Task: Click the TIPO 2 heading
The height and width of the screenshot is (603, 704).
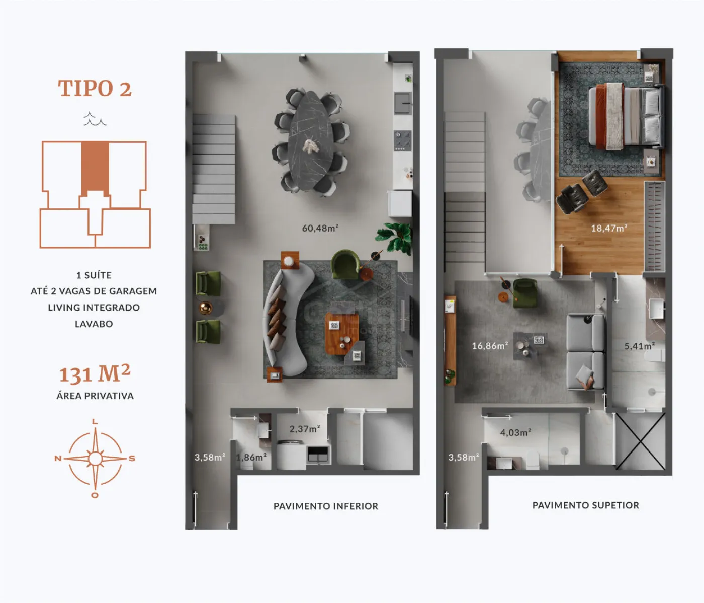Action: pyautogui.click(x=95, y=88)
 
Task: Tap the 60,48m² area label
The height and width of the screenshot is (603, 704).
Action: pyautogui.click(x=320, y=228)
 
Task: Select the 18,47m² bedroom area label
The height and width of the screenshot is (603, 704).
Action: pyautogui.click(x=609, y=228)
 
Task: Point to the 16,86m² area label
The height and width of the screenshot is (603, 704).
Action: pyautogui.click(x=490, y=346)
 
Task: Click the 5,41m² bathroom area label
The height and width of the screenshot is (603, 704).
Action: pyautogui.click(x=639, y=346)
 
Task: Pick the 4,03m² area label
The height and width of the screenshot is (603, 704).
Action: pyautogui.click(x=515, y=432)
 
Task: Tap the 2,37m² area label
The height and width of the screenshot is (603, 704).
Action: pyautogui.click(x=305, y=429)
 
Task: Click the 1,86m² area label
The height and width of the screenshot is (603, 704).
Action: pyautogui.click(x=251, y=457)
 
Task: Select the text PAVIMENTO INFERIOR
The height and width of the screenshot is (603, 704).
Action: pyautogui.click(x=326, y=506)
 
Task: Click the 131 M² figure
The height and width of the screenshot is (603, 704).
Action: pyautogui.click(x=95, y=373)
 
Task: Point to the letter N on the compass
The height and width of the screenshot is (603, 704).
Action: pyautogui.click(x=58, y=458)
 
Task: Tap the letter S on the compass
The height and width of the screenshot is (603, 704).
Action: pyautogui.click(x=132, y=458)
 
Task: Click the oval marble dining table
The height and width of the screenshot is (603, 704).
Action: pyautogui.click(x=311, y=140)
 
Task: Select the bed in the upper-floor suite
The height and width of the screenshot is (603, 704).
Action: pyautogui.click(x=627, y=116)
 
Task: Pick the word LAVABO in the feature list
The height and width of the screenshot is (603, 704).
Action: pyautogui.click(x=94, y=324)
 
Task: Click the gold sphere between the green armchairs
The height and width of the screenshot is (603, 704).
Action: pyautogui.click(x=206, y=308)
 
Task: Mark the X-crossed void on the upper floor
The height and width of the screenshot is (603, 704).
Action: pyautogui.click(x=640, y=441)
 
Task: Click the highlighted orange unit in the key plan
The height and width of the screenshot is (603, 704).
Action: pyautogui.click(x=95, y=168)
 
